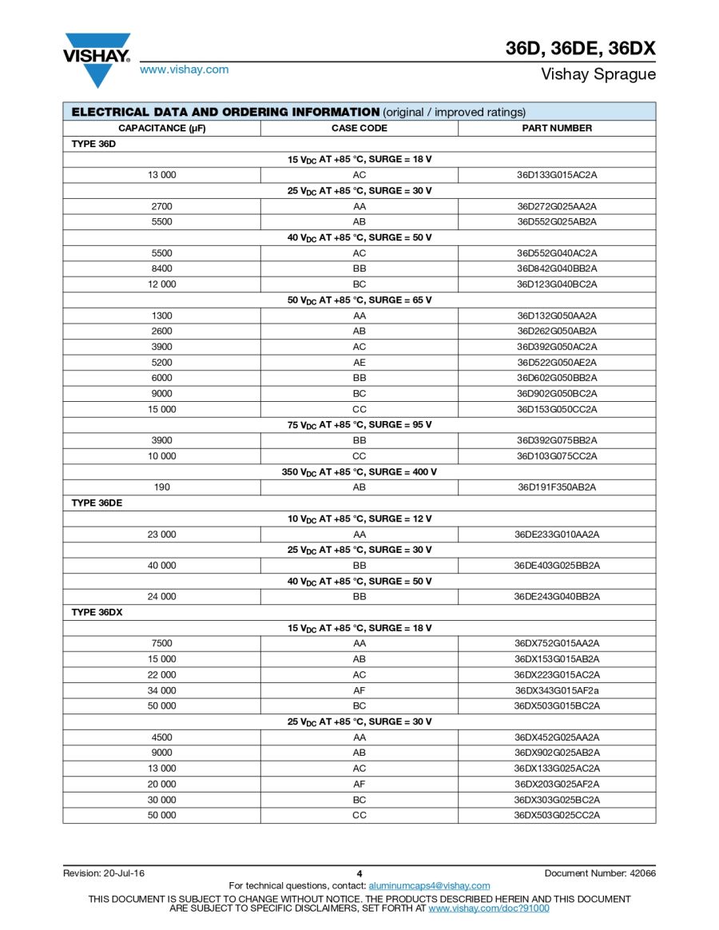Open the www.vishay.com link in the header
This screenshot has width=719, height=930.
pos(184,70)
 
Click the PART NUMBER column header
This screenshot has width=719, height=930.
pos(557,128)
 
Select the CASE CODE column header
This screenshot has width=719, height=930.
pos(359,128)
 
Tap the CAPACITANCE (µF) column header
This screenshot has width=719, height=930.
pos(162,128)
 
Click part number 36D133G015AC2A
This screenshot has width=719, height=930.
pos(557,174)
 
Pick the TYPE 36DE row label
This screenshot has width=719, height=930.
pos(97,503)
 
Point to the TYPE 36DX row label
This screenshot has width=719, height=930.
pos(97,612)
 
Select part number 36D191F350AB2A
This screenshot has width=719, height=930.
pos(557,487)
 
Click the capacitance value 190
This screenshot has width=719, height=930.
pos(162,487)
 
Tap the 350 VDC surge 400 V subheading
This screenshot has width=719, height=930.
pos(359,471)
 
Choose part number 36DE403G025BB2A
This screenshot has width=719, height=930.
pos(557,566)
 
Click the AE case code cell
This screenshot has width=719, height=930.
pos(359,362)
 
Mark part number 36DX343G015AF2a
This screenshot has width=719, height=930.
pos(557,690)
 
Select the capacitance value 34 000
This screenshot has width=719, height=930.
pos(162,690)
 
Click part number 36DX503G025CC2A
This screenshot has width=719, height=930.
pos(557,815)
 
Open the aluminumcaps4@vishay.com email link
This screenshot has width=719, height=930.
pos(429,885)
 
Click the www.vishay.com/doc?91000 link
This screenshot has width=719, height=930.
pos(489,908)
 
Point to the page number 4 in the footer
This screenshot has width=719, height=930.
pos(359,873)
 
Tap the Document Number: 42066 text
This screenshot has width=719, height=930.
pos(600,873)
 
